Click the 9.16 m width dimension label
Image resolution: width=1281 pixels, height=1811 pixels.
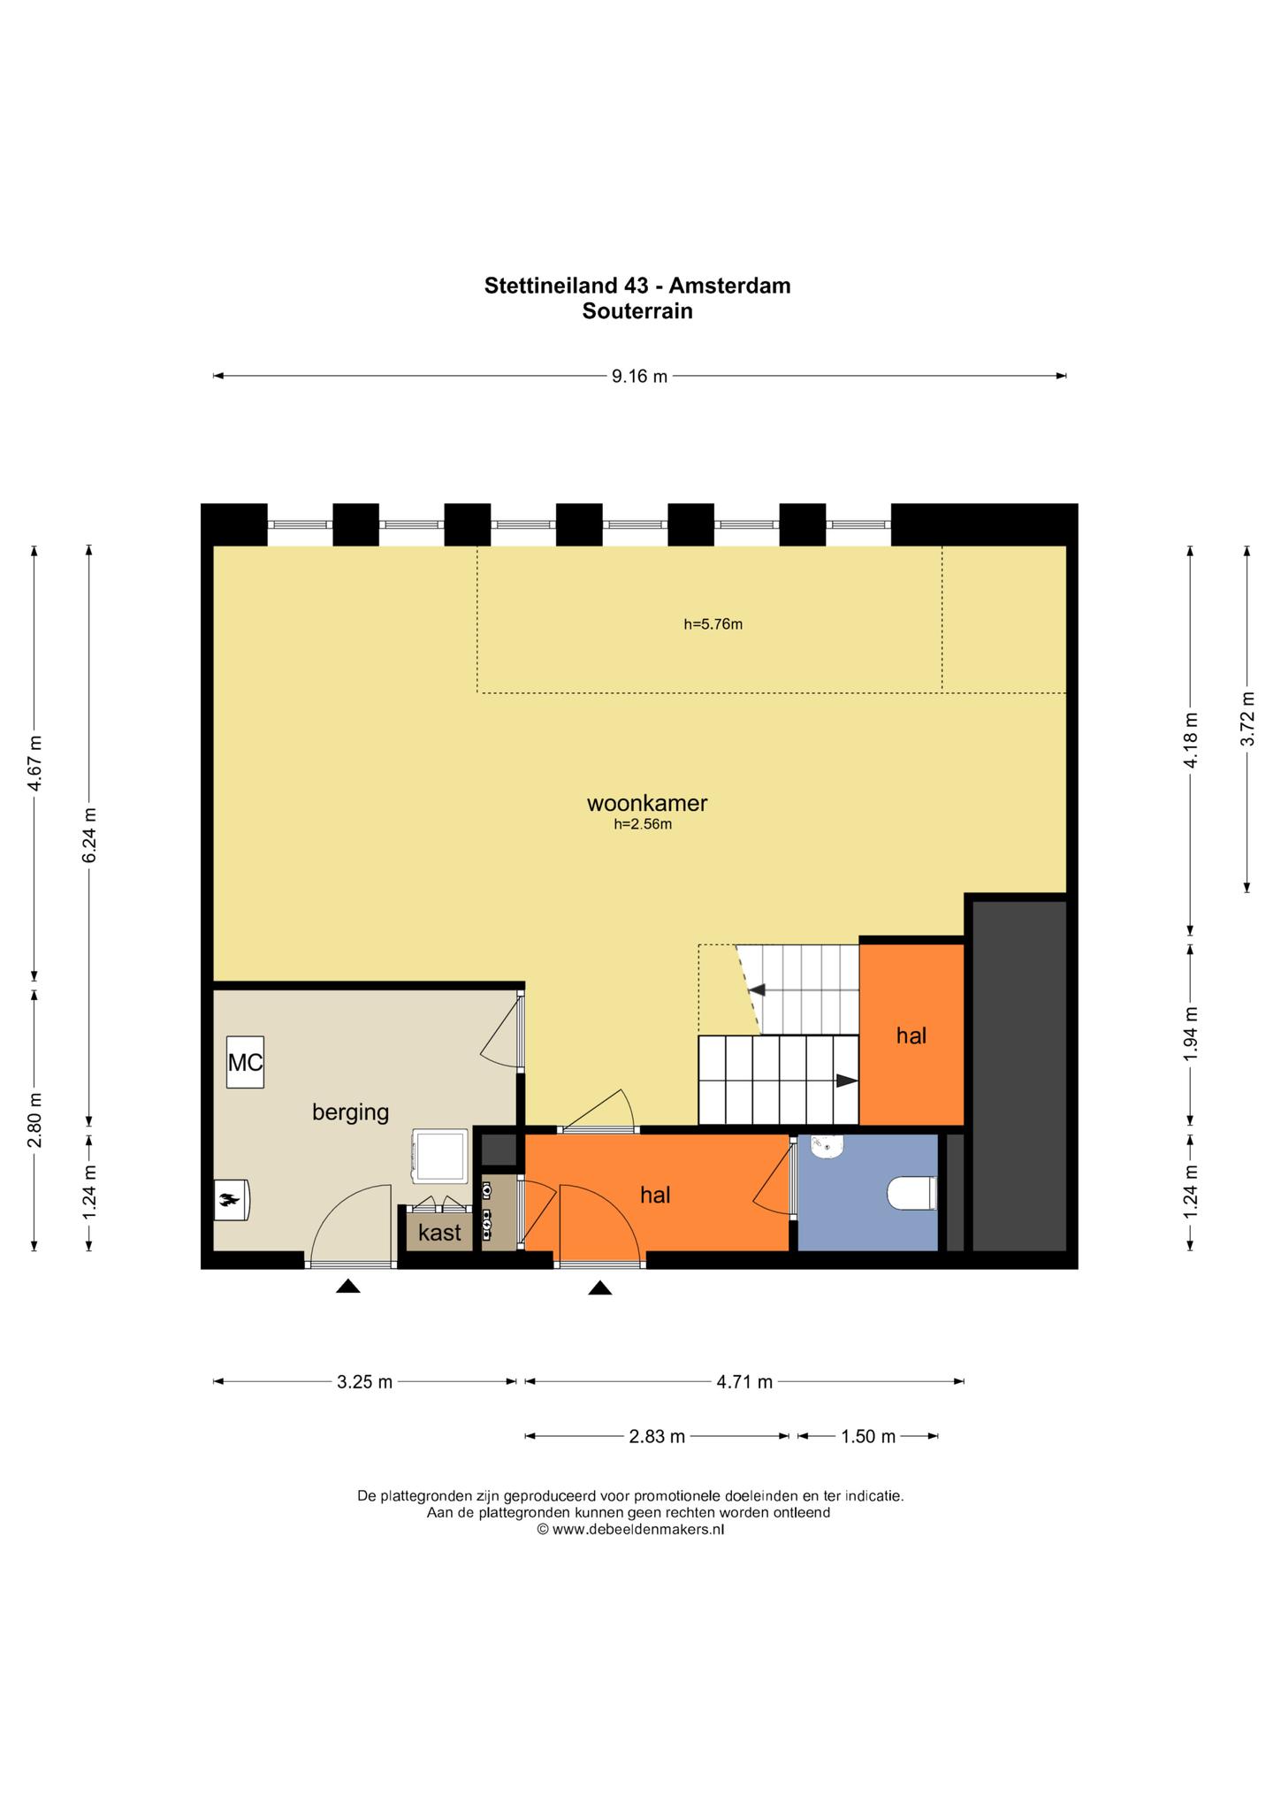(639, 377)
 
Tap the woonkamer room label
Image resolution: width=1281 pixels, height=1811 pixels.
(647, 803)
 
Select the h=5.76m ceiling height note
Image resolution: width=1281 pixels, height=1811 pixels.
(713, 624)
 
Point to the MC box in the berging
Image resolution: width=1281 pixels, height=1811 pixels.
(245, 1062)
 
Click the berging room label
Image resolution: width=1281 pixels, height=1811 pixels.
(350, 1112)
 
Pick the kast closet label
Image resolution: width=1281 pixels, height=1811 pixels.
(439, 1232)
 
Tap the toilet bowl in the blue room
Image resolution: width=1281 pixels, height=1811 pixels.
(911, 1193)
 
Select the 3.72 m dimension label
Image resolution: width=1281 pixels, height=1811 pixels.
(1247, 717)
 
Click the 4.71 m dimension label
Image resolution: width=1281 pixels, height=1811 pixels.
(744, 1381)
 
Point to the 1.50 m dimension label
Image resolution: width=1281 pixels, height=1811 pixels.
(868, 1436)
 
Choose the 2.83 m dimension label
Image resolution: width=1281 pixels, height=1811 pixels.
(657, 1436)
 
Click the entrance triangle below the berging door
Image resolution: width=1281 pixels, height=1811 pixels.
(348, 1287)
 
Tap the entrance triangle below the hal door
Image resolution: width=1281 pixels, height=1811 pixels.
(600, 1288)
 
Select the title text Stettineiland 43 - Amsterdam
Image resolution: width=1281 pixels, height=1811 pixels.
(637, 286)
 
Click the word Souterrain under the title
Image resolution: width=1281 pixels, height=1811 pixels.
(637, 311)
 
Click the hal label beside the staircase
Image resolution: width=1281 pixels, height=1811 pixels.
(911, 1035)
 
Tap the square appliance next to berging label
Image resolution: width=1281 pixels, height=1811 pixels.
(439, 1156)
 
